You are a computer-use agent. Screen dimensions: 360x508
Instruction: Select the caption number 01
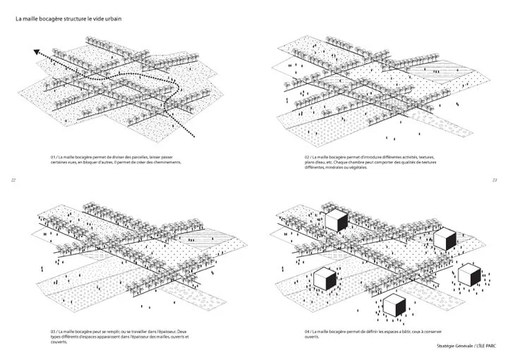(x=53, y=156)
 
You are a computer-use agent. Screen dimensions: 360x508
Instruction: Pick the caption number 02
(x=308, y=156)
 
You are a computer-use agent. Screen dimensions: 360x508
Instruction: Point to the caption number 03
(x=53, y=331)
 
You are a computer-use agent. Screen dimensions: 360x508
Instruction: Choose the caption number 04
(x=308, y=331)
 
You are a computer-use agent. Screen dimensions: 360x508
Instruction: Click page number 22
(x=13, y=180)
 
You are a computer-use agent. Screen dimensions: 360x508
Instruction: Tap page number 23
(x=495, y=180)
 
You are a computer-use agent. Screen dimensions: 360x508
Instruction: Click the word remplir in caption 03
(x=127, y=331)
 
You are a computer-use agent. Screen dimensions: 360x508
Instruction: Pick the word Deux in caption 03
(x=183, y=331)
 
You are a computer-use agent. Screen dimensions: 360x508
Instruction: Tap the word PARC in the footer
(x=488, y=346)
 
